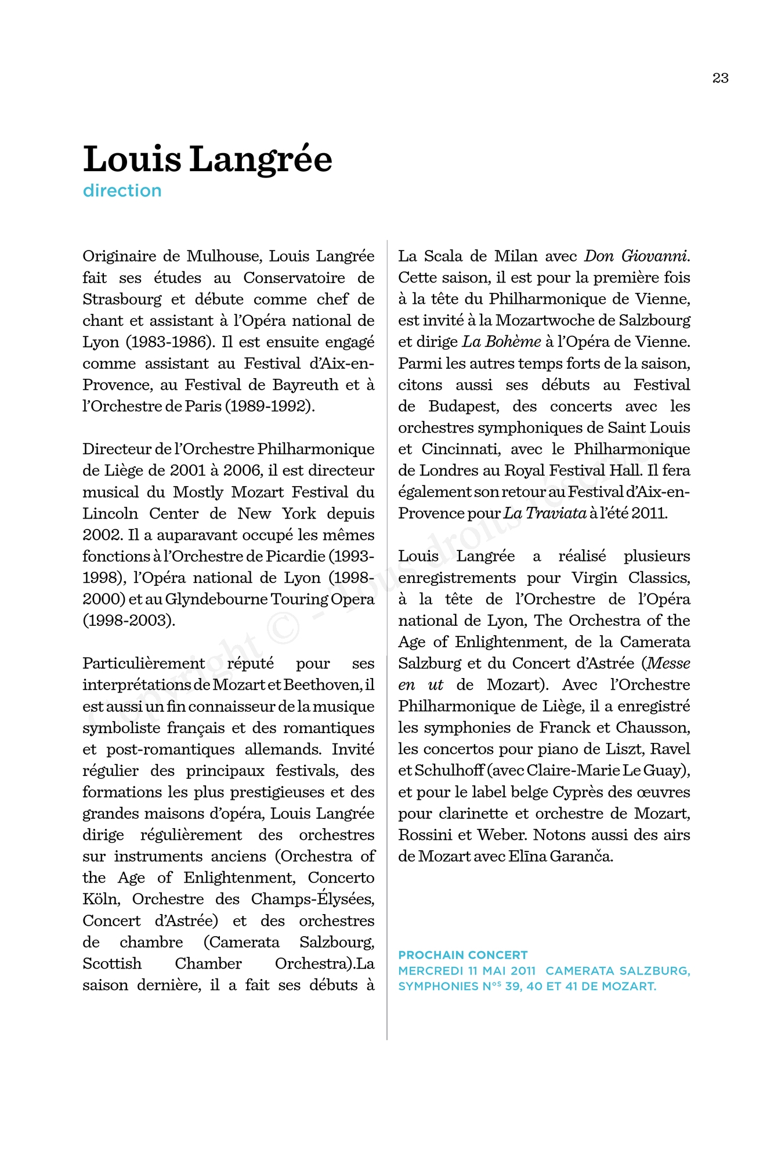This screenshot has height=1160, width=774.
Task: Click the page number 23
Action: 720,78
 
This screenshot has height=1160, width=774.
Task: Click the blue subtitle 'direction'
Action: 122,191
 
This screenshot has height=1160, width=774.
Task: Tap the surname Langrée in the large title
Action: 261,159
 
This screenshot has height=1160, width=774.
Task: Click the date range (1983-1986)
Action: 170,342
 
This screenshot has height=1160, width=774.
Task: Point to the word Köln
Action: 101,900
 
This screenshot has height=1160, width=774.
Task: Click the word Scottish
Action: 112,964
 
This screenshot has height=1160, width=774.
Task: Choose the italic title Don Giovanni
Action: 636,256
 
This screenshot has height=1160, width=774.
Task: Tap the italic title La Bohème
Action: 501,342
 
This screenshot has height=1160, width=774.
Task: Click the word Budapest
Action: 464,407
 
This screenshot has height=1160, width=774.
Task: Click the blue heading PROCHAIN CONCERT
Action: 462,955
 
